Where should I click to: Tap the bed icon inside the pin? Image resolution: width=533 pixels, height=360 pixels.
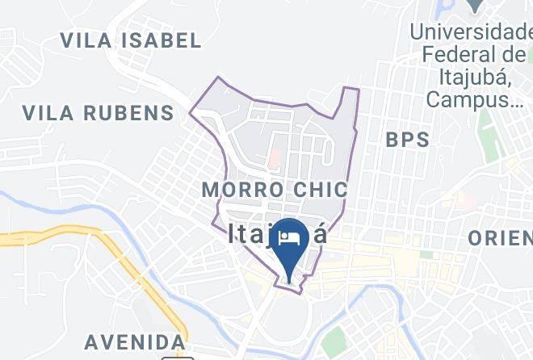(288, 237)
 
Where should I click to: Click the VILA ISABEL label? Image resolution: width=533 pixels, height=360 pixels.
(131, 40)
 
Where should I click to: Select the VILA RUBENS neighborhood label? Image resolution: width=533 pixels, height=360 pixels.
(98, 112)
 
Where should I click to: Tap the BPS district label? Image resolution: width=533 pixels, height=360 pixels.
(408, 139)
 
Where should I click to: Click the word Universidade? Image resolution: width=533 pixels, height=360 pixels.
(470, 34)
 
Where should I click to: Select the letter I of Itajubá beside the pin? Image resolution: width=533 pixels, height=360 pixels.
(233, 234)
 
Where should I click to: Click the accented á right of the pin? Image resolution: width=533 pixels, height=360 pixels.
(319, 233)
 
